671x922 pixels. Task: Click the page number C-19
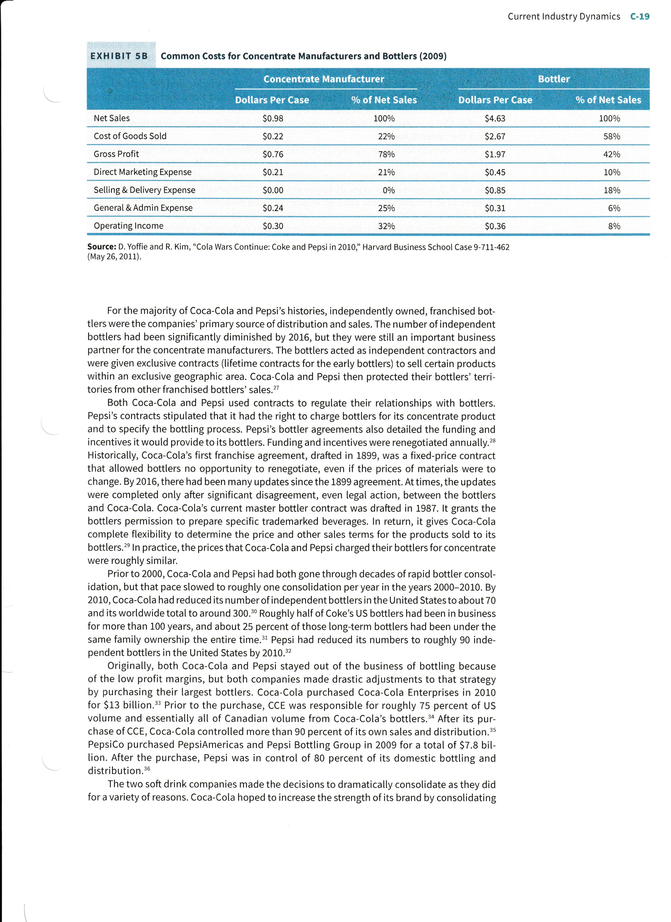(x=639, y=17)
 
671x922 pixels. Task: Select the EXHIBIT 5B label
(x=119, y=56)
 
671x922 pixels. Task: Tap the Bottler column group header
(x=554, y=79)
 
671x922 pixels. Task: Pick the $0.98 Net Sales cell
(x=273, y=118)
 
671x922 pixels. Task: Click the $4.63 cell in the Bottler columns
(x=495, y=118)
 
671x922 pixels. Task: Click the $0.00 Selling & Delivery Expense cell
(x=273, y=190)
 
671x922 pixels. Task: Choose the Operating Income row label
(x=128, y=226)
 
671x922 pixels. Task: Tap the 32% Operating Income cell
(x=386, y=226)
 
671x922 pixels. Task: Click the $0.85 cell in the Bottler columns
(x=495, y=190)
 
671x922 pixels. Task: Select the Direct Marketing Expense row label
(x=142, y=172)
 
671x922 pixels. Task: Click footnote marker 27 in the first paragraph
(x=276, y=387)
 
